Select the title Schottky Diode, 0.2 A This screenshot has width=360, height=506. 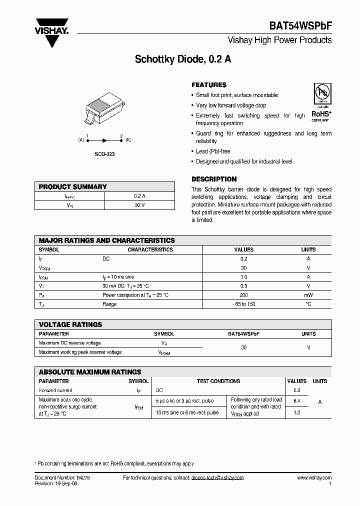[x=183, y=58]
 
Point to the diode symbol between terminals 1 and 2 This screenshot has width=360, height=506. [x=104, y=140]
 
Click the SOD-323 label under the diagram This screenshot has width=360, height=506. [x=104, y=154]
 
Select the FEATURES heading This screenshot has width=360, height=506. [x=209, y=85]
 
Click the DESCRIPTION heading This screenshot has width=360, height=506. [x=214, y=179]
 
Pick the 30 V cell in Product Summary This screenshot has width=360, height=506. [x=139, y=205]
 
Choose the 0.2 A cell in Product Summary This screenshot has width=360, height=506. [x=139, y=196]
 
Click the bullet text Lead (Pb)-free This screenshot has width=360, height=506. [x=213, y=151]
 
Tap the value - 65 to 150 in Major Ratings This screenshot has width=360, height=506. [x=243, y=304]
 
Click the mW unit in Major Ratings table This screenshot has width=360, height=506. [x=308, y=295]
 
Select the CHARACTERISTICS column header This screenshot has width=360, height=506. [x=150, y=249]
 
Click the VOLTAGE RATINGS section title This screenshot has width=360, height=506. [x=70, y=324]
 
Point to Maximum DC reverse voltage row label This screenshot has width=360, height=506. [x=69, y=343]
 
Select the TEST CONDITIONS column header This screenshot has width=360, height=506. [x=218, y=381]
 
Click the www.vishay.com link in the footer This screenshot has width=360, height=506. [x=314, y=477]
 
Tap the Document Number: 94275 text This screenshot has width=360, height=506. [x=62, y=477]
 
